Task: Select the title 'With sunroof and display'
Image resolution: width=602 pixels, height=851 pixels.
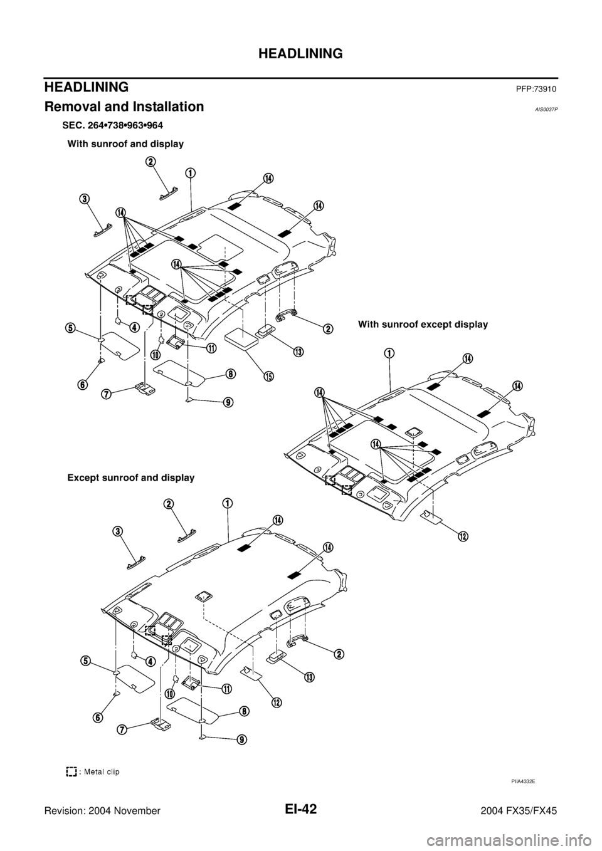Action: tap(125, 144)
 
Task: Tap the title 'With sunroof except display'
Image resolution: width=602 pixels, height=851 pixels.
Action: tap(423, 325)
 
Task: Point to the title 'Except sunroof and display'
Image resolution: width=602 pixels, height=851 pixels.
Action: tap(131, 478)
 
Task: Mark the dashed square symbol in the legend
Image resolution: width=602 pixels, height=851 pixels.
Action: tap(71, 771)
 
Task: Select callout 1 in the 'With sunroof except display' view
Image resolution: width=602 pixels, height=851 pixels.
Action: tap(389, 353)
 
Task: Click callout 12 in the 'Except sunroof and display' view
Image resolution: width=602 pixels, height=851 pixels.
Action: tap(277, 702)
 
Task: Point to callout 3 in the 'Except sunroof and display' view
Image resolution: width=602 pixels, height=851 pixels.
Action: tap(118, 531)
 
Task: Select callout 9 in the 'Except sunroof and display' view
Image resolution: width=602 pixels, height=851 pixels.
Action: tap(242, 739)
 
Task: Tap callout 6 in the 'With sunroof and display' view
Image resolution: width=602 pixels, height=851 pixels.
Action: tap(83, 384)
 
